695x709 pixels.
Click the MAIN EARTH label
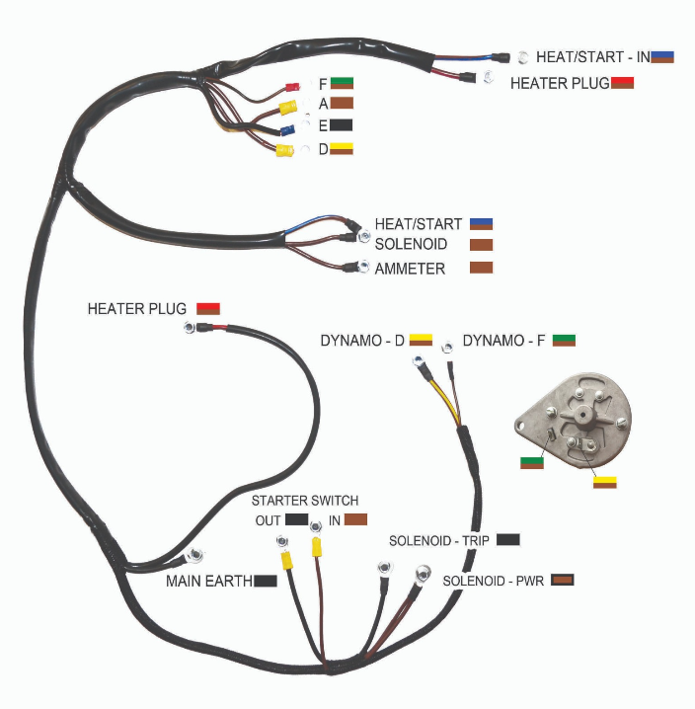pos(208,581)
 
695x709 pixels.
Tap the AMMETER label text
pos(410,269)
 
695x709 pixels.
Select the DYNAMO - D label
pos(362,341)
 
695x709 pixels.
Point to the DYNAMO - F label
pos(502,341)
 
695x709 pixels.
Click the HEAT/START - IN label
pos(592,57)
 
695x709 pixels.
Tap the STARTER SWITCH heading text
pos(305,501)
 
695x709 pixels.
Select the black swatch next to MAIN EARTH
pos(265,581)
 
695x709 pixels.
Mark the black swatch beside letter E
pos(342,125)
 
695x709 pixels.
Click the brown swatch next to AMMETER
pos(481,268)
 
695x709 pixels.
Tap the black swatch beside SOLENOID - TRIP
pos(508,539)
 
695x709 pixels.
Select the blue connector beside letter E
pos(288,130)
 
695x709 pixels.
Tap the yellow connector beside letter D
pos(284,151)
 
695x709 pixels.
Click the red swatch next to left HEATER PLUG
pos(208,308)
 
